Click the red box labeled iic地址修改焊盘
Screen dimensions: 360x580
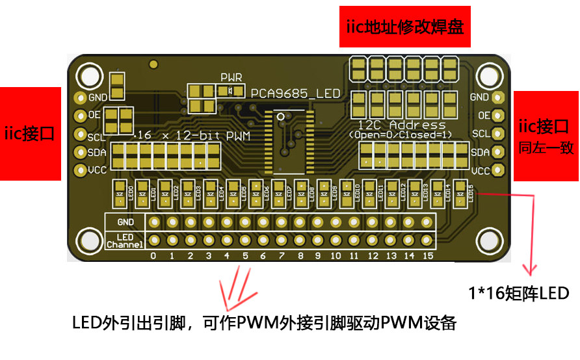coord(403,27)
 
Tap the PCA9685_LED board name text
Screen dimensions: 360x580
coord(296,94)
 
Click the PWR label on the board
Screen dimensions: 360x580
coord(231,77)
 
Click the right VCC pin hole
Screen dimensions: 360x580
coord(498,171)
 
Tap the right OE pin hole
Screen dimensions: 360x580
coord(498,116)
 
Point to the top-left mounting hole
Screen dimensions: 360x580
coord(89,76)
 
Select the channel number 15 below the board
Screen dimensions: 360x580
coord(427,256)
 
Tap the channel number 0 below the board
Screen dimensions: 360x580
coord(153,256)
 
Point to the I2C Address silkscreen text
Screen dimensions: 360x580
coord(402,125)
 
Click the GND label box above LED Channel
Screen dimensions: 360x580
coord(125,222)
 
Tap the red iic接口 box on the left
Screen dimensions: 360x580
coord(29,134)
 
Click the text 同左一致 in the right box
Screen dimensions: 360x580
coord(546,148)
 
